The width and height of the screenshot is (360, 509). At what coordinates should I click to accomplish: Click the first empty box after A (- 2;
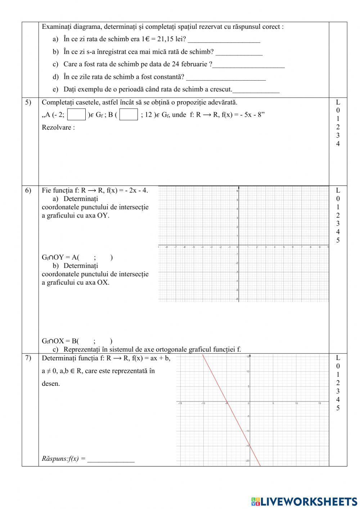(x=77, y=115)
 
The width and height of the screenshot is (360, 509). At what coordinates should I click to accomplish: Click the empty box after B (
(x=129, y=115)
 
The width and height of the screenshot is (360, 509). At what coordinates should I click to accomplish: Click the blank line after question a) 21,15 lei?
(x=224, y=40)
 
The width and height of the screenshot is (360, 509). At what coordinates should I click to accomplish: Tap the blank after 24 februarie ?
(x=248, y=65)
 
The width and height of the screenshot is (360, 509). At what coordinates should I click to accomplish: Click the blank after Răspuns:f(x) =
(x=111, y=459)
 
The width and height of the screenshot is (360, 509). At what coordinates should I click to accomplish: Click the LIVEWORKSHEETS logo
(x=304, y=501)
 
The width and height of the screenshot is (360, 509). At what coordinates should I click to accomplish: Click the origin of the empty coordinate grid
(x=239, y=247)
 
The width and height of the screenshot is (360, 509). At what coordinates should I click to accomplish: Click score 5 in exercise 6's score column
(x=338, y=240)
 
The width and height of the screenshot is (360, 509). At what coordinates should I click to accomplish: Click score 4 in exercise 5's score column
(x=338, y=144)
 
